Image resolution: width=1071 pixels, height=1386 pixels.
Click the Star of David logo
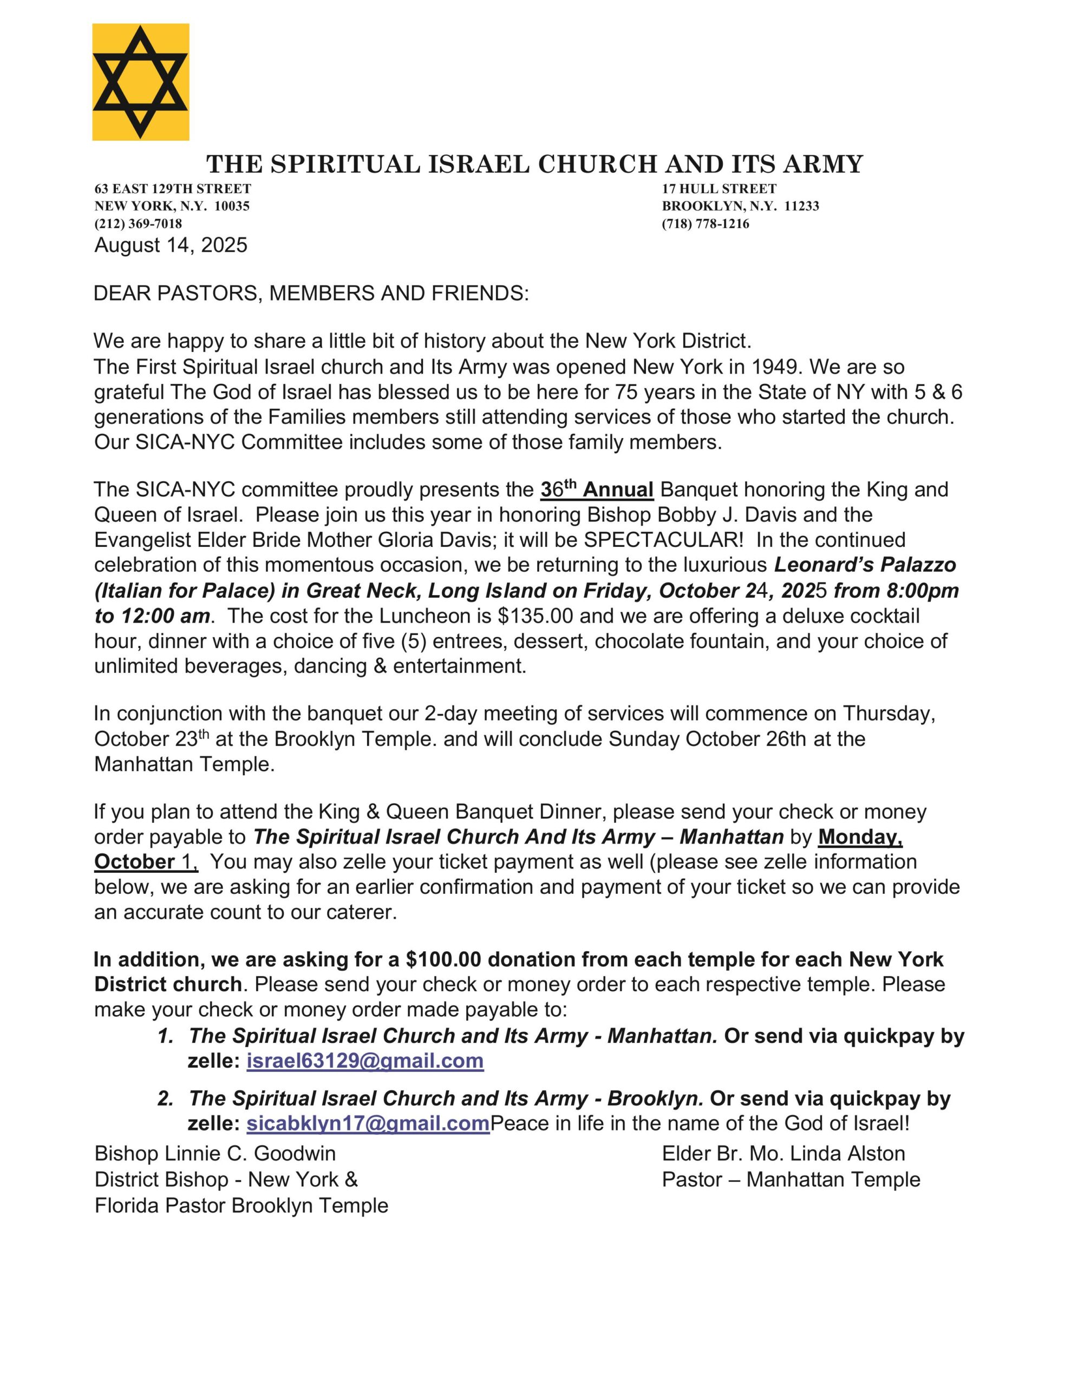pyautogui.click(x=140, y=82)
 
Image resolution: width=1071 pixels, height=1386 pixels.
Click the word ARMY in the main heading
pyautogui.click(x=823, y=165)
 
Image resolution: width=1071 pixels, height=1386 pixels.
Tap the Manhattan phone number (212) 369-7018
pyautogui.click(x=139, y=224)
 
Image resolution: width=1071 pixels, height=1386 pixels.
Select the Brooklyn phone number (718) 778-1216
pyautogui.click(x=706, y=224)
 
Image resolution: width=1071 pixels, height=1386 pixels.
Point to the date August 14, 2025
pyautogui.click(x=171, y=245)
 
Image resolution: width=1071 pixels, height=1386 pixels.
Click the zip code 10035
pyautogui.click(x=232, y=206)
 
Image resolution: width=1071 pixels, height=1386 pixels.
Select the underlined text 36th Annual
pyautogui.click(x=597, y=490)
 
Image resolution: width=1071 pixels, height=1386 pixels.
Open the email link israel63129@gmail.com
pyautogui.click(x=365, y=1061)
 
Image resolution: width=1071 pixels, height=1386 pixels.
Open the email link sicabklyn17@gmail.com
pyautogui.click(x=368, y=1123)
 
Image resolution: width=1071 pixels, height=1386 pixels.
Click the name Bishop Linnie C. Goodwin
pyautogui.click(x=215, y=1153)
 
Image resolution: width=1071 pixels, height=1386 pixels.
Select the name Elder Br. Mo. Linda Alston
pyautogui.click(x=783, y=1153)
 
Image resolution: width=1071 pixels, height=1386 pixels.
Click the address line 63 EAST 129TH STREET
pyautogui.click(x=173, y=188)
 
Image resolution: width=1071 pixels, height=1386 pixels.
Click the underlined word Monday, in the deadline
pyautogui.click(x=860, y=837)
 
